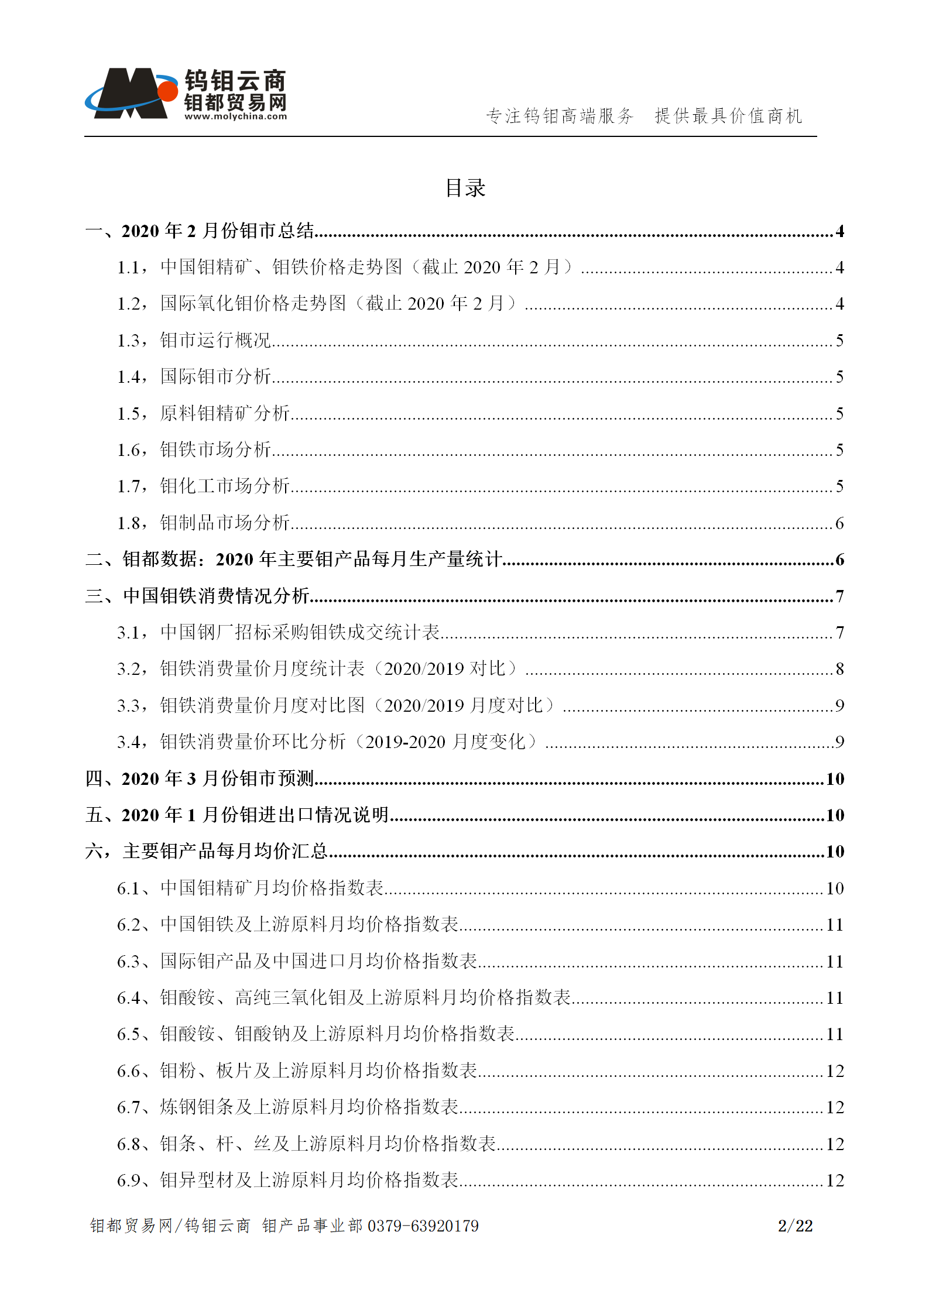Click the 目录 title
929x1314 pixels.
coord(465,188)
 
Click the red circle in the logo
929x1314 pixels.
coord(168,91)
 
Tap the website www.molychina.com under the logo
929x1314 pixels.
coord(236,116)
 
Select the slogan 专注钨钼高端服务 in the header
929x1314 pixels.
coord(560,116)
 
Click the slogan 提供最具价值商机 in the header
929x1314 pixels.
coord(728,116)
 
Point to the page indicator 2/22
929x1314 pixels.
coord(795,1226)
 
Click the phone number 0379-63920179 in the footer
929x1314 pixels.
coord(423,1226)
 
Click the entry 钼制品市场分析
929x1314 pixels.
coord(225,523)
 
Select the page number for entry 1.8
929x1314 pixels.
coord(839,523)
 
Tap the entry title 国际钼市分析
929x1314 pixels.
coord(215,377)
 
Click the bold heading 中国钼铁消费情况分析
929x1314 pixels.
coord(216,596)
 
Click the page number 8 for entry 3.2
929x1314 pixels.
coord(839,669)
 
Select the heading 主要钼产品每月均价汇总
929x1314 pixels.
coord(225,851)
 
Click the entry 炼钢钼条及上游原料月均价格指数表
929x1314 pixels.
coord(309,1107)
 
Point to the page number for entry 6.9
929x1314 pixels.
coord(835,1180)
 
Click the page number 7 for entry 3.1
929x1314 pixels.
coord(839,633)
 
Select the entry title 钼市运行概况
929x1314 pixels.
coord(215,341)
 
